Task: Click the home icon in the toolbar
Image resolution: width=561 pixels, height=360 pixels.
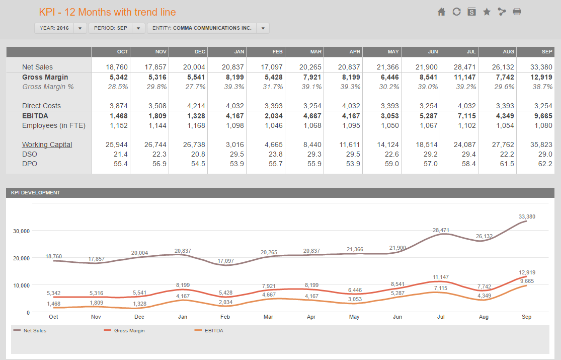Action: click(441, 12)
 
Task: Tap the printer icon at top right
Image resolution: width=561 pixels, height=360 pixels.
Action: click(517, 12)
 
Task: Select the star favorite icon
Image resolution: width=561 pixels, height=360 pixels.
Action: click(487, 12)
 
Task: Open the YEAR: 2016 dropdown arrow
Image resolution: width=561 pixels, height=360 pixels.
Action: click(80, 28)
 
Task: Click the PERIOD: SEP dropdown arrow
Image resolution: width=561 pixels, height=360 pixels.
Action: click(138, 28)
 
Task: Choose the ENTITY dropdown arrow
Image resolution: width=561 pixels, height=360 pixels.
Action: click(263, 28)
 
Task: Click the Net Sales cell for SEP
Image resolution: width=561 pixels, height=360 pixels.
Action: click(541, 67)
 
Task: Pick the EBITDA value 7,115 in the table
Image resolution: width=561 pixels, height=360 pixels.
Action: click(465, 116)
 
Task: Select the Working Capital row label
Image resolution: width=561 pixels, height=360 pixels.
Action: click(47, 145)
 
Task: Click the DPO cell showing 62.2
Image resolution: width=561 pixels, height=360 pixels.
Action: click(545, 164)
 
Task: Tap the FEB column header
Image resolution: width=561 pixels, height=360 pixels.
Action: click(277, 52)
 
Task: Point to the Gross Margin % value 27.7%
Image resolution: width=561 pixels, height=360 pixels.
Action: click(195, 87)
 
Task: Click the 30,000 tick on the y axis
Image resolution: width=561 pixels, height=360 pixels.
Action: click(22, 232)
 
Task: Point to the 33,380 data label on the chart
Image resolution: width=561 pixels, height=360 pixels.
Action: click(527, 217)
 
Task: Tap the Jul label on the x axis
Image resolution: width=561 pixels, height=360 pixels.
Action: click(441, 317)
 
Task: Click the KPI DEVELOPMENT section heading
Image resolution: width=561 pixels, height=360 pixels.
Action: click(35, 193)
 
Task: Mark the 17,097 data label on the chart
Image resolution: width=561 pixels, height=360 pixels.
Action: click(226, 261)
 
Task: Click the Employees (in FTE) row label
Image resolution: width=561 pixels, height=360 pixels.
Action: click(54, 126)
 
